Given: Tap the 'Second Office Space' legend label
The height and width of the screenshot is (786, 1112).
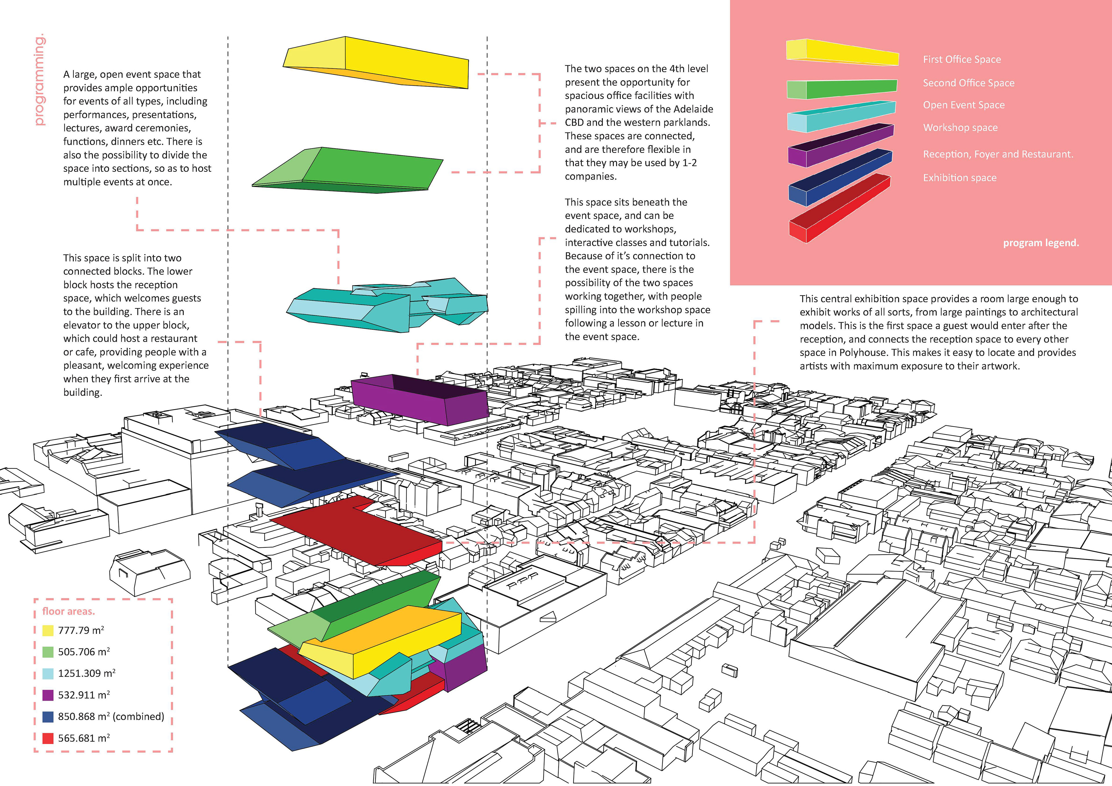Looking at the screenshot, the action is (968, 83).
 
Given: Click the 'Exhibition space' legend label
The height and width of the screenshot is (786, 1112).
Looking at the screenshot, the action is (959, 178).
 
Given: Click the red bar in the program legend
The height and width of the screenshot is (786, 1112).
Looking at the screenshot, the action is (840, 208).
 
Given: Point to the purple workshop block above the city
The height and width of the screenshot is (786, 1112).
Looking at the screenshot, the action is (419, 400).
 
